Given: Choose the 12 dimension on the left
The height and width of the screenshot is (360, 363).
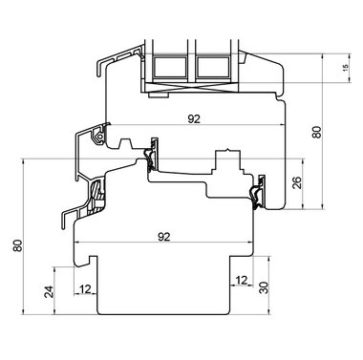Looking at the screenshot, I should (x=86, y=289).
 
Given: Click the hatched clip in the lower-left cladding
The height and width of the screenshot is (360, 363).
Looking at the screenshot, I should (x=96, y=199).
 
